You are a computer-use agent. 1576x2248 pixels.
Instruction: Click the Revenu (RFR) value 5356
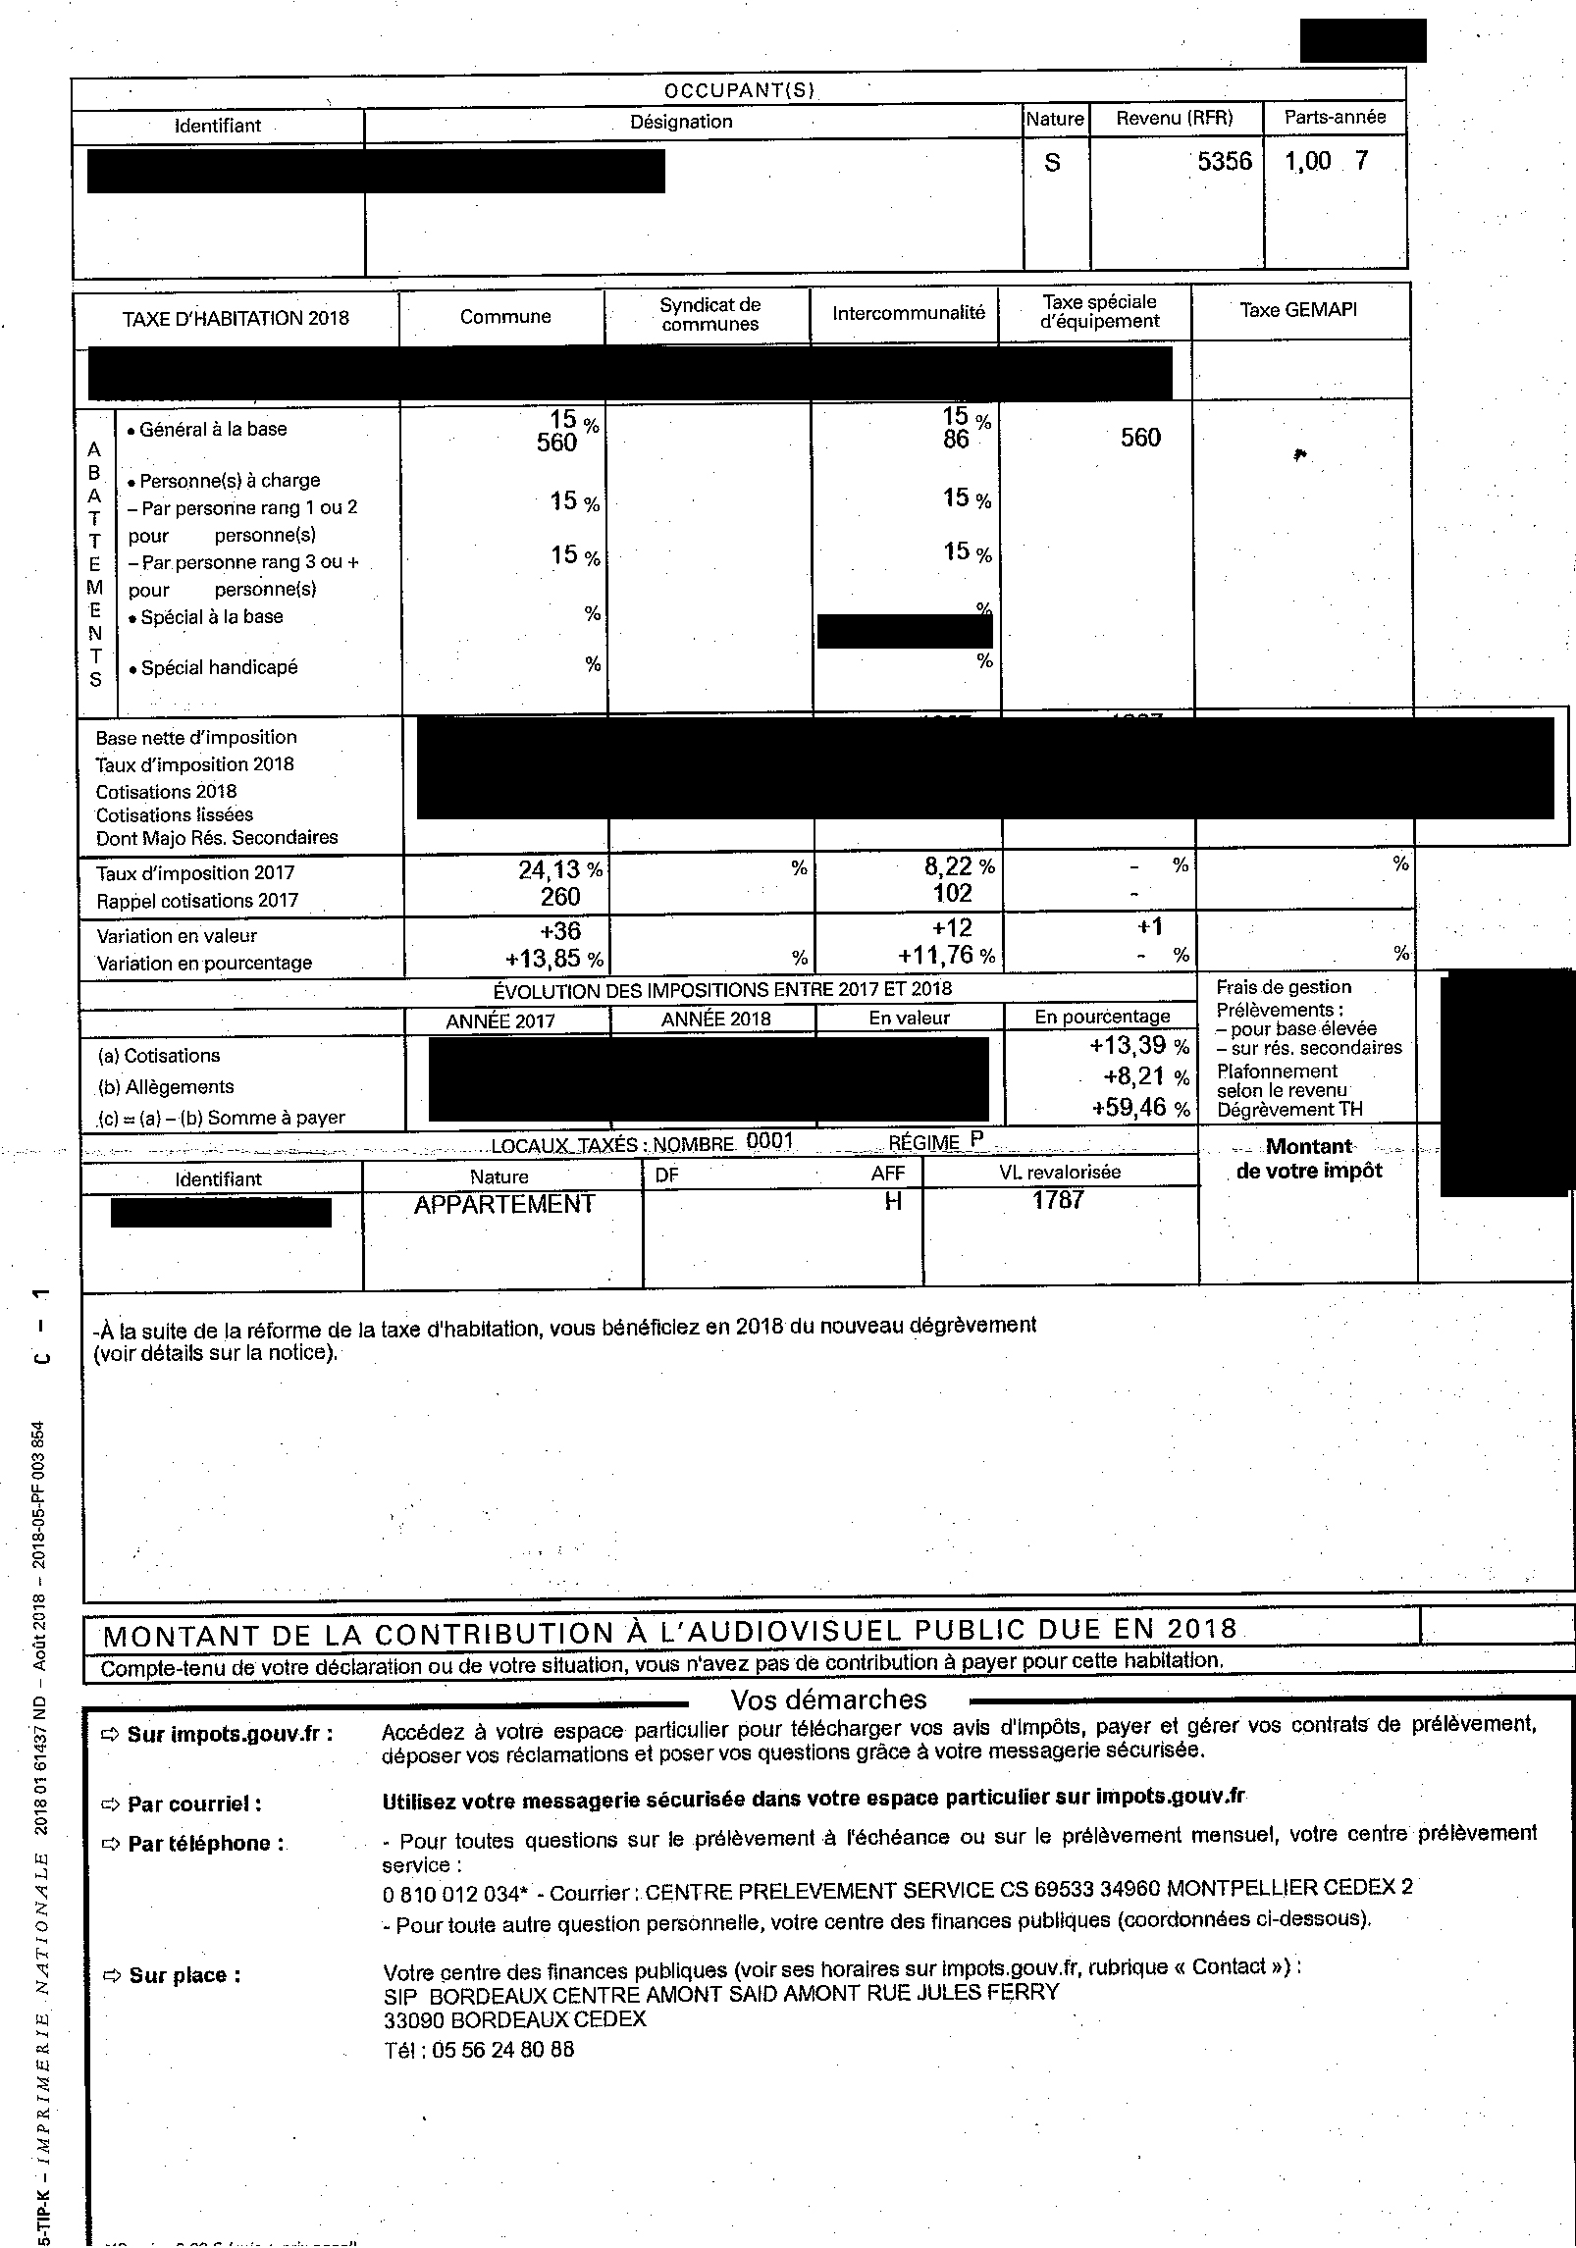point(1224,161)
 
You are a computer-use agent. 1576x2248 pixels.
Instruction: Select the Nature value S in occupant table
point(1052,163)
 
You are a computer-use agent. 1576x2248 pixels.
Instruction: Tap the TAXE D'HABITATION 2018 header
point(236,319)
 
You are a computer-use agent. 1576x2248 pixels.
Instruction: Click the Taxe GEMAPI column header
point(1298,310)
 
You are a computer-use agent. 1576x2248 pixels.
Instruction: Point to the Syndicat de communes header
point(709,315)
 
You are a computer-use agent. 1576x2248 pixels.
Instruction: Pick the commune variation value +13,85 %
point(554,958)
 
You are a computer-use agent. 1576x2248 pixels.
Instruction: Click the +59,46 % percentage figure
point(1139,1109)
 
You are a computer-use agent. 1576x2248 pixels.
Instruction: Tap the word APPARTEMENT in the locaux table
point(504,1205)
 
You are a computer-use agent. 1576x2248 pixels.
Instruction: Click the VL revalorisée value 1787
point(1058,1199)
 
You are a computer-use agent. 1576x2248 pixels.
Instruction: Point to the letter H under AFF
point(893,1201)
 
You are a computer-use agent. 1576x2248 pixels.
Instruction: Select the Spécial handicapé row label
point(219,668)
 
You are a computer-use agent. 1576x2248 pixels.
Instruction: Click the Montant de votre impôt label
point(1309,1159)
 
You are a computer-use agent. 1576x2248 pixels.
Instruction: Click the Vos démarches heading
point(828,1699)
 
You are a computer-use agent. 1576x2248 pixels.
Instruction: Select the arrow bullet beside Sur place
point(111,1975)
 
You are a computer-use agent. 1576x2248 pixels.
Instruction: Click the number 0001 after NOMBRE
point(768,1140)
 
